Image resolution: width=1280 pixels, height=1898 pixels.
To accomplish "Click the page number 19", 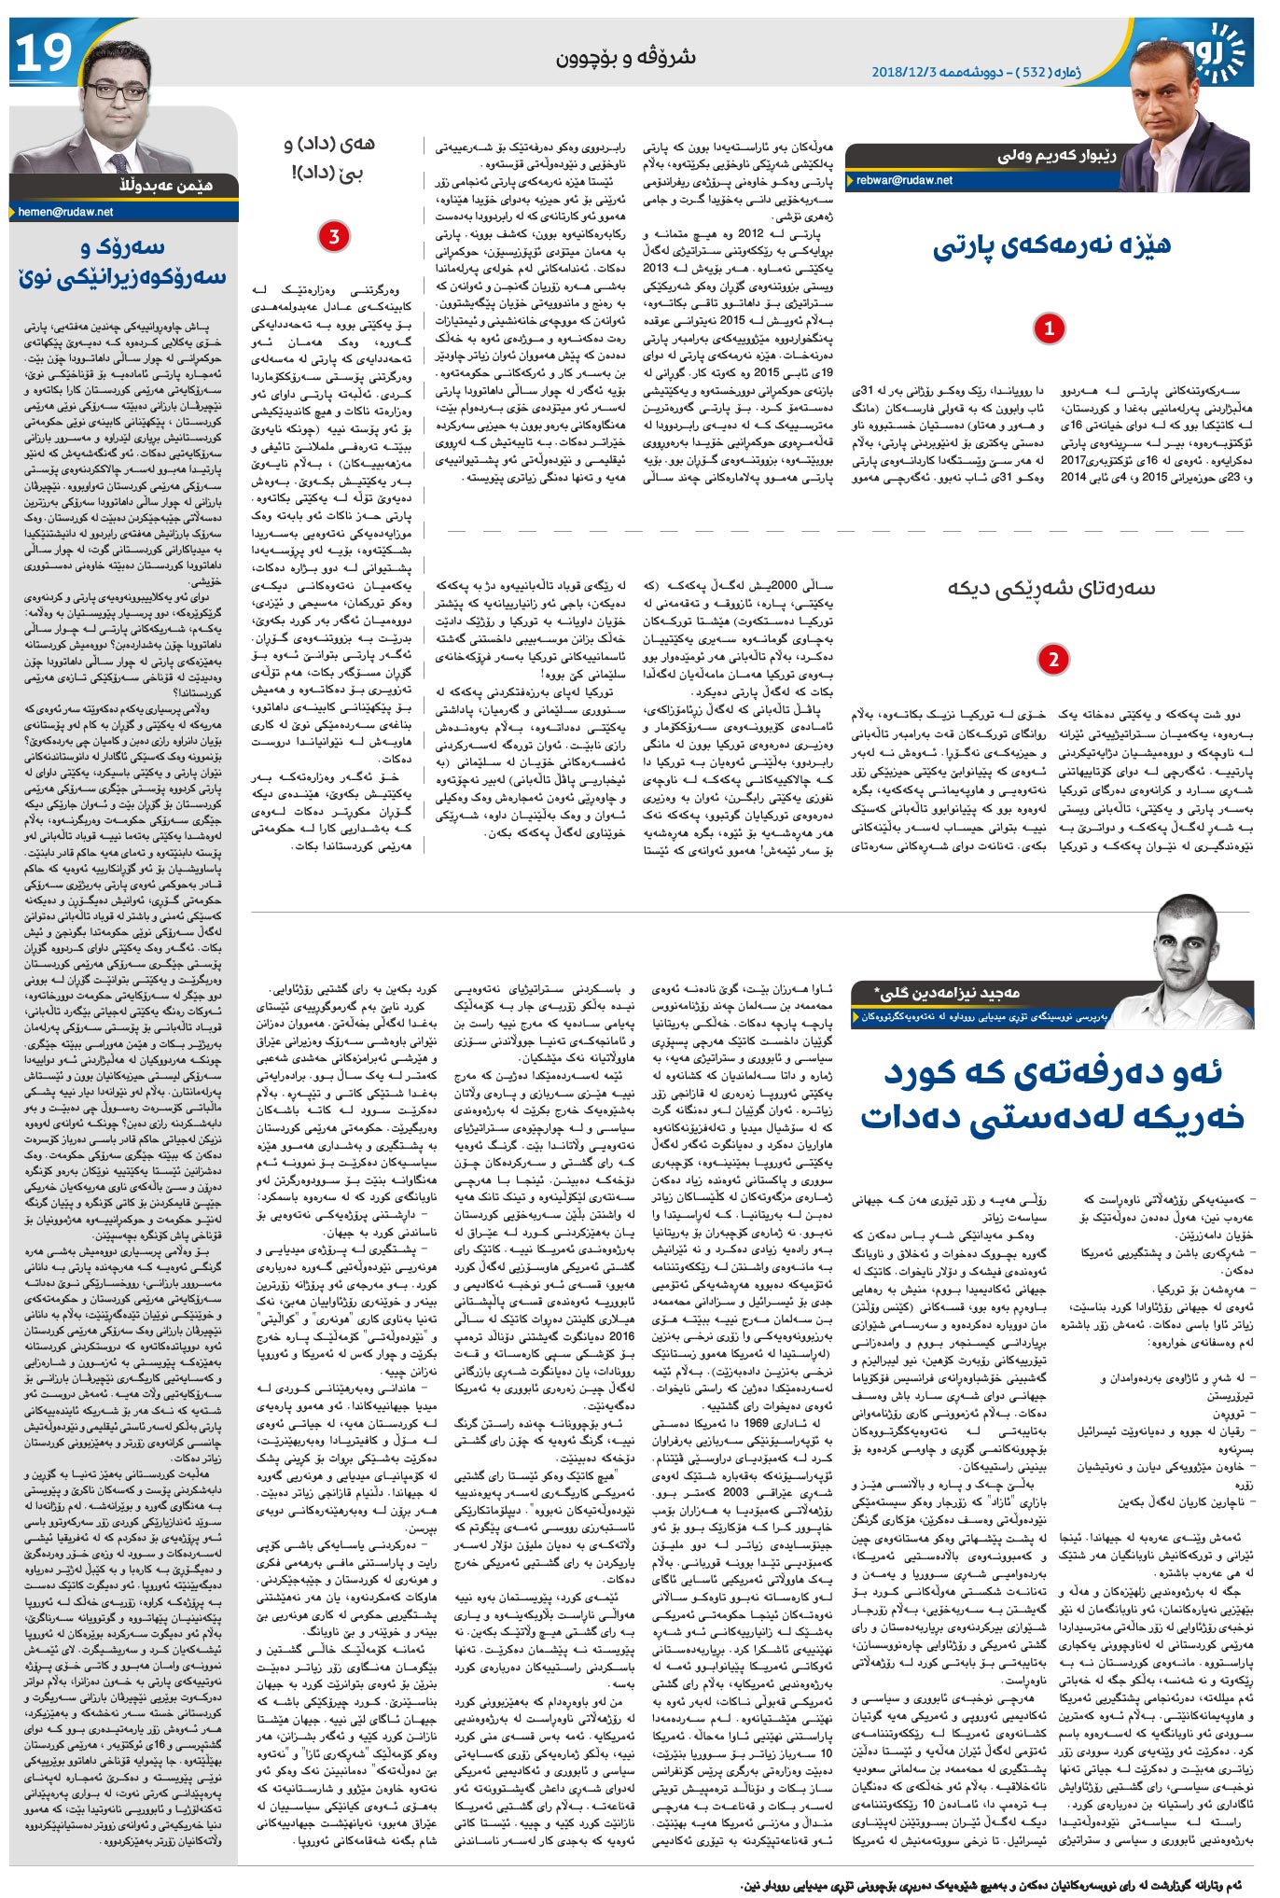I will tap(44, 53).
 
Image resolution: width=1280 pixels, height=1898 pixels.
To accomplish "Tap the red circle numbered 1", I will tap(1050, 328).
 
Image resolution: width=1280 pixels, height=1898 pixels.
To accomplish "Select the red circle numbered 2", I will tap(1053, 660).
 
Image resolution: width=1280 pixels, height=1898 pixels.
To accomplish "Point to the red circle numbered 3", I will tap(334, 237).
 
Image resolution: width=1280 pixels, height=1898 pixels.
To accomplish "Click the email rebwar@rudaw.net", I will tap(904, 181).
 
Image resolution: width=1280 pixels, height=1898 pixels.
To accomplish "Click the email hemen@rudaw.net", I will tap(65, 212).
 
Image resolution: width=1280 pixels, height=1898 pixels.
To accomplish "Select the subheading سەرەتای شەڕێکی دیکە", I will tap(1051, 589).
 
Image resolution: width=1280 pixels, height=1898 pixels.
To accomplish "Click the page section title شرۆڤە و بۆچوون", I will tap(626, 58).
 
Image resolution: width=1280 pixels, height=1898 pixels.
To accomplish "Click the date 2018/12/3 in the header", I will tap(909, 72).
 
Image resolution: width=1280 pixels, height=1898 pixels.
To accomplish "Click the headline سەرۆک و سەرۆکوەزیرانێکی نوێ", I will tap(121, 262).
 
